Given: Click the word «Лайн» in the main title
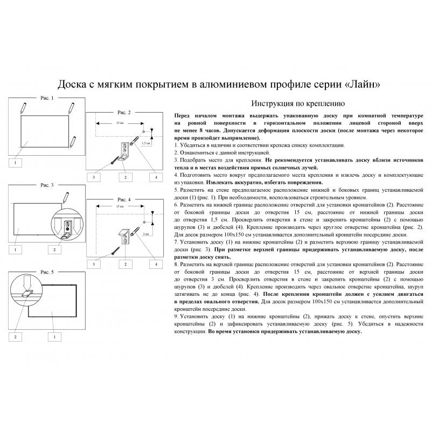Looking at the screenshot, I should click(x=365, y=85).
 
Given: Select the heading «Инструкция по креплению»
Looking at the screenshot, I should click(x=295, y=103).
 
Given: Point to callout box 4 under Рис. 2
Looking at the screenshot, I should click(x=156, y=177).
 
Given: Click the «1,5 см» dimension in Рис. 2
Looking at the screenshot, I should click(x=145, y=143).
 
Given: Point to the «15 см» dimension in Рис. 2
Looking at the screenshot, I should click(x=119, y=124).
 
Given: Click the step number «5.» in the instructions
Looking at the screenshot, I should click(x=177, y=191).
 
